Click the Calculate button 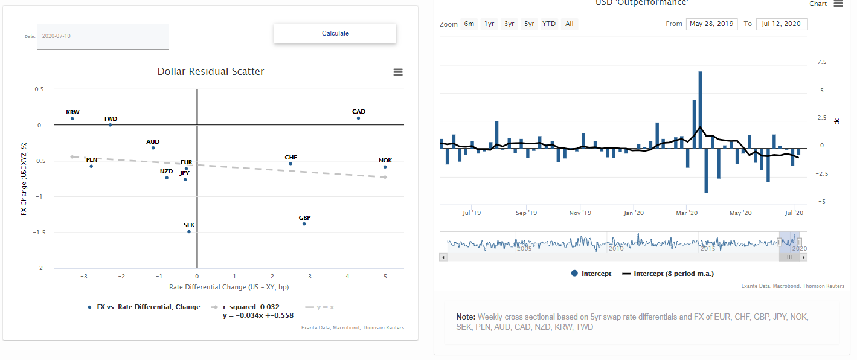[335, 34]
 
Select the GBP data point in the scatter [304, 224]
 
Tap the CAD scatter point [358, 118]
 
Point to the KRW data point [72, 118]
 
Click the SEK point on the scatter [189, 231]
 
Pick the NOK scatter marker [385, 167]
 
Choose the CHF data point [290, 164]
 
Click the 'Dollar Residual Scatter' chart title [211, 72]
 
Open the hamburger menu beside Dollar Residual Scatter [398, 72]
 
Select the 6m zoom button [469, 24]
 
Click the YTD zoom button [549, 24]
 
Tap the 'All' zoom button [569, 24]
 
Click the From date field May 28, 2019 [711, 24]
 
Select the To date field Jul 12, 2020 [782, 24]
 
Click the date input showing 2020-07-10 [103, 36]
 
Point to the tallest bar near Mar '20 [700, 109]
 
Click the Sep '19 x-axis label [527, 213]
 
